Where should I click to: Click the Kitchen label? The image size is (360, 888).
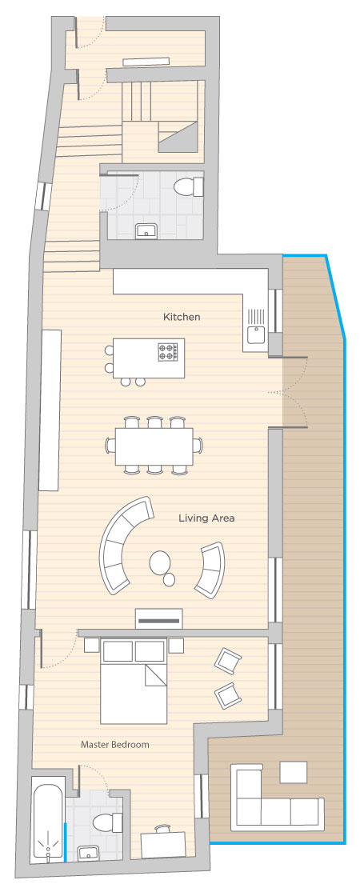(182, 317)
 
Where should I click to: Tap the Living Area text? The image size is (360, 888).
(206, 518)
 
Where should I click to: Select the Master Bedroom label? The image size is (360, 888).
(115, 744)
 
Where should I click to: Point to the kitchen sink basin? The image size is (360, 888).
(257, 335)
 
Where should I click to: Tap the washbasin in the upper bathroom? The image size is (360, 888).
(146, 231)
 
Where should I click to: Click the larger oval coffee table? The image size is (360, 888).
(160, 562)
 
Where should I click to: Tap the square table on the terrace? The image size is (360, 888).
(294, 772)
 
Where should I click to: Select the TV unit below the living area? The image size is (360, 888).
(159, 618)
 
